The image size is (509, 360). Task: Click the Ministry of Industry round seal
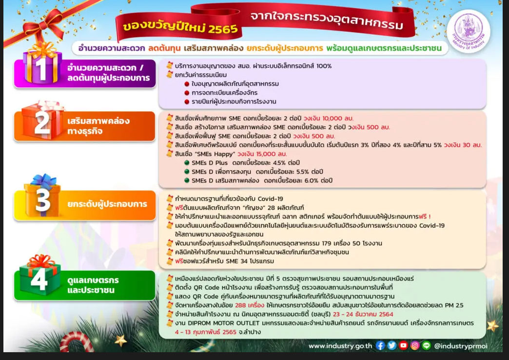click(469, 31)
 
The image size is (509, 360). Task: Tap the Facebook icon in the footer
click(380, 346)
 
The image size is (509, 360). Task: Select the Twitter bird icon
click(392, 346)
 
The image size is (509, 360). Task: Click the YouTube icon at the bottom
click(404, 346)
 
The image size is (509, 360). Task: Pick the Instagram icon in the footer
click(415, 346)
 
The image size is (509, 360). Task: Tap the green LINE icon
click(427, 346)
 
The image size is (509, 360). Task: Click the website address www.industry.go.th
click(340, 346)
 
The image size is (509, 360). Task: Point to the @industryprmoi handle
click(461, 346)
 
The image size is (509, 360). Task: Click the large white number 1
click(41, 69)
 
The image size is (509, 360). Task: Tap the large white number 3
click(42, 200)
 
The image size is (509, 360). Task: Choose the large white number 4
click(39, 280)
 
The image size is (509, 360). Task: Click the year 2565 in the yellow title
click(223, 29)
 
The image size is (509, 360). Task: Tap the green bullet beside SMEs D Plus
click(187, 163)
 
